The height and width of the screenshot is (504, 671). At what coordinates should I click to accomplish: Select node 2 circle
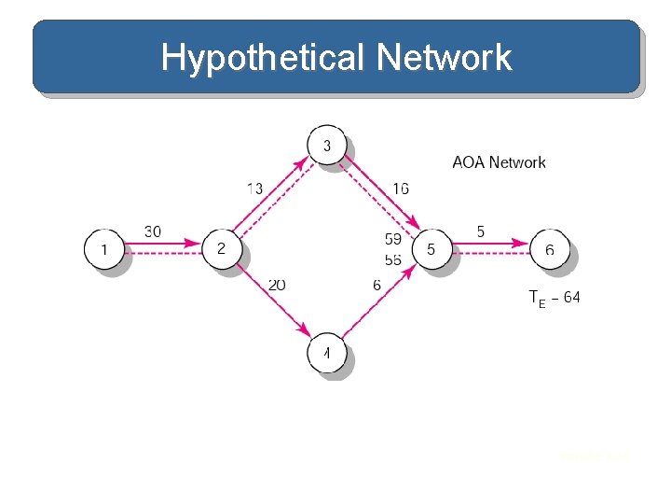click(222, 249)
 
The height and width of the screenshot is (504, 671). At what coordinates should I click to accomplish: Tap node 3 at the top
click(326, 146)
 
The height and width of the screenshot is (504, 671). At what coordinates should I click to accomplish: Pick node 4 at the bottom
click(326, 354)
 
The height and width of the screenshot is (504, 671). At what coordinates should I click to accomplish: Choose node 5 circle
click(431, 249)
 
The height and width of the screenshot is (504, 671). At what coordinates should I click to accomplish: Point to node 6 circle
click(550, 249)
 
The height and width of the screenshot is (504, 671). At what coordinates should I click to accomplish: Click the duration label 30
click(154, 231)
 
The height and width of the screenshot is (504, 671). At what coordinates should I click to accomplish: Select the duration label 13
click(254, 189)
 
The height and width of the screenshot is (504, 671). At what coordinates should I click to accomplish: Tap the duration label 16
click(401, 189)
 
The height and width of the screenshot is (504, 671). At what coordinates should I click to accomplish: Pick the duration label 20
click(277, 285)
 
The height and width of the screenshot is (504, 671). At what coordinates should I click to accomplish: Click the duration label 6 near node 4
click(377, 285)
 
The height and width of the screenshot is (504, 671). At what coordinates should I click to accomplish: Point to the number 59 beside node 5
click(393, 240)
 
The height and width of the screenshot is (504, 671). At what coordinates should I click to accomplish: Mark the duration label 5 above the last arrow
click(481, 231)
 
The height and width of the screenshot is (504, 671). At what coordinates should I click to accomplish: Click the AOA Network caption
click(499, 162)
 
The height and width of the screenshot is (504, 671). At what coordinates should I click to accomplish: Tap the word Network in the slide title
click(445, 58)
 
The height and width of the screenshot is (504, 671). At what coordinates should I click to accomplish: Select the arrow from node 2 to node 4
click(274, 301)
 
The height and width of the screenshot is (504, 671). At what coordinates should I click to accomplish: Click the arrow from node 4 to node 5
click(378, 301)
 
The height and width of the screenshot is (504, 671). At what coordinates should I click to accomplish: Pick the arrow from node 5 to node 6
click(490, 245)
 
